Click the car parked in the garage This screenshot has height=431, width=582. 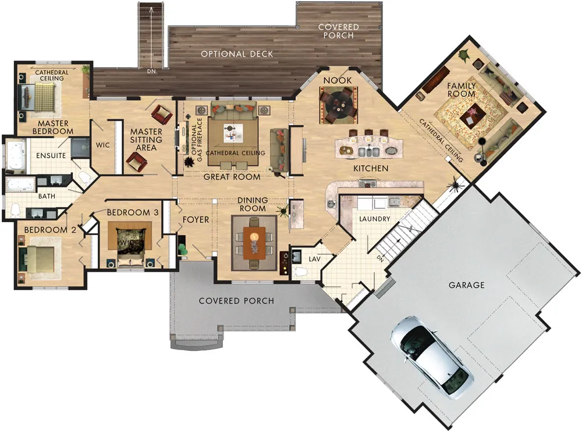click(x=432, y=357)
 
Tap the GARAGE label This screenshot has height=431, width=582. click(x=467, y=285)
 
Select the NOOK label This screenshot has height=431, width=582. click(x=338, y=80)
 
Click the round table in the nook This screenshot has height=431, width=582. click(x=339, y=105)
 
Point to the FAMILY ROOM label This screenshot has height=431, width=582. click(x=462, y=90)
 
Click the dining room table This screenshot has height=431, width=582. click(x=254, y=243)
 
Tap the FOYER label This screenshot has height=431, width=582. click(x=196, y=220)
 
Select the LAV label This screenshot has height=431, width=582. click(x=314, y=259)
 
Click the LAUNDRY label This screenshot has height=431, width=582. click(x=374, y=219)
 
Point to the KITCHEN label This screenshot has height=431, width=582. click(x=371, y=169)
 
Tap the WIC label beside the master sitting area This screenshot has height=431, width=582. click(x=103, y=145)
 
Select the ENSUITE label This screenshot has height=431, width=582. click(x=51, y=156)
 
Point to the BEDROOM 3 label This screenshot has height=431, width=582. click(x=133, y=212)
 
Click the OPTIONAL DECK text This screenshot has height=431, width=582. click(x=237, y=54)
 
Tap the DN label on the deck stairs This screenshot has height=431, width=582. click(x=151, y=71)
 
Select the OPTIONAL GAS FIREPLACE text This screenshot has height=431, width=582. click(x=197, y=140)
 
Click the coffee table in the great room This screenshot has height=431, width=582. click(x=233, y=133)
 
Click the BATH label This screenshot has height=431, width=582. click(x=47, y=196)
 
